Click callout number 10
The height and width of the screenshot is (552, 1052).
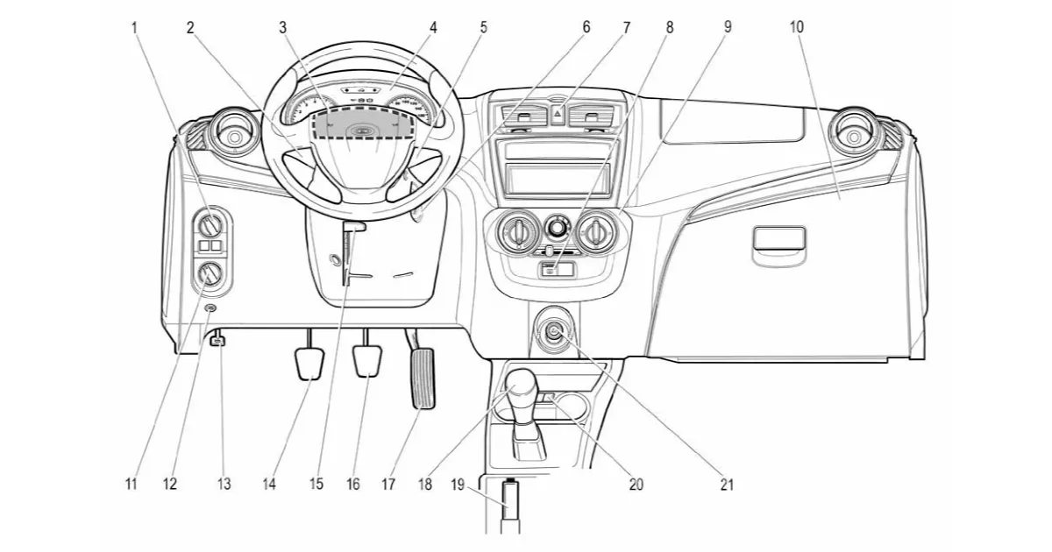(796, 27)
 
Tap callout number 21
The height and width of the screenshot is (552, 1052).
(727, 484)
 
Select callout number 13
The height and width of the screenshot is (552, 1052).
(224, 484)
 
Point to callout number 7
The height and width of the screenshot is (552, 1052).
(626, 27)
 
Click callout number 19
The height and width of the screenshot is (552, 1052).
(458, 484)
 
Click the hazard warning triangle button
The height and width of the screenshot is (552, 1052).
(557, 114)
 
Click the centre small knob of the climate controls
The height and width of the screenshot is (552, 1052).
(556, 230)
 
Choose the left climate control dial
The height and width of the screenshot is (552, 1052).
(517, 232)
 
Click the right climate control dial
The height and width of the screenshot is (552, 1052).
(595, 232)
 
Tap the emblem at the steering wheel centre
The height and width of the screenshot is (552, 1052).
(360, 131)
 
